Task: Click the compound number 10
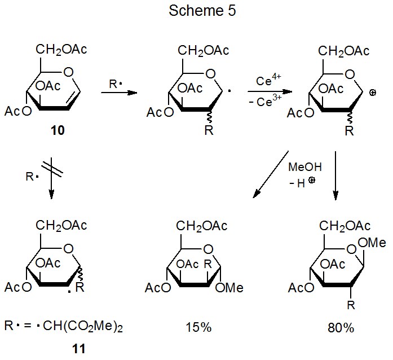56,131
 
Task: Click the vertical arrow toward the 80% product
336,175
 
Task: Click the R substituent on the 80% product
350,305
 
